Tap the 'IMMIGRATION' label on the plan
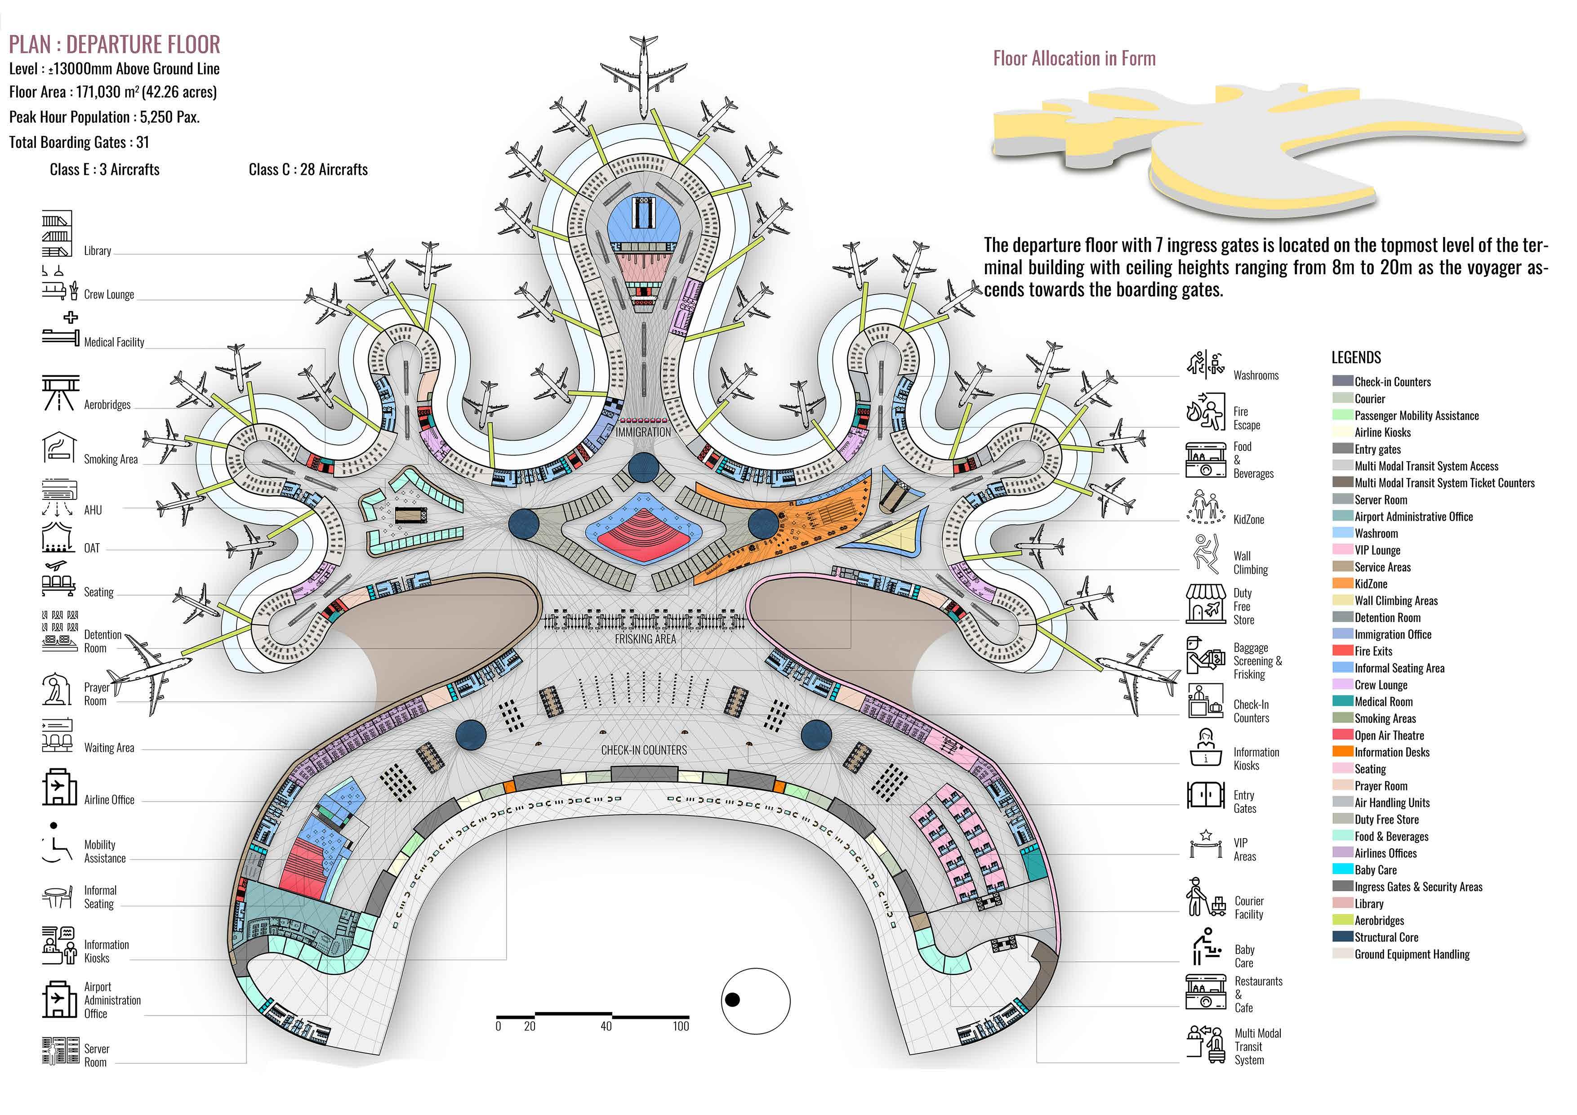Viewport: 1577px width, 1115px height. point(643,432)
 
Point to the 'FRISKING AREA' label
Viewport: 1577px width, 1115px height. point(645,639)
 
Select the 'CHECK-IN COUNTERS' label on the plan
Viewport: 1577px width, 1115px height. point(644,750)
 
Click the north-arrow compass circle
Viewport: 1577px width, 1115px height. point(756,1001)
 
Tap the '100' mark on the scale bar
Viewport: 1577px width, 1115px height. point(680,1026)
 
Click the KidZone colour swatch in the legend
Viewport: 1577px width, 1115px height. point(1343,584)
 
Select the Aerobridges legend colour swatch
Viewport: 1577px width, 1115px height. point(1343,921)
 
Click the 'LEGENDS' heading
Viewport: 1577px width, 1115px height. point(1356,357)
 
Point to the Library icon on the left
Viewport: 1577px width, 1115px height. point(56,234)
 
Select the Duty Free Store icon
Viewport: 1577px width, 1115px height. point(1205,604)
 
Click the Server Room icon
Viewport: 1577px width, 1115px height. point(60,1051)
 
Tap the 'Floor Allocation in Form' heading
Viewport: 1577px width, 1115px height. point(1074,58)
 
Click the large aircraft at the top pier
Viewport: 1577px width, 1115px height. point(642,69)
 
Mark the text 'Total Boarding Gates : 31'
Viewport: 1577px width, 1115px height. point(79,142)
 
